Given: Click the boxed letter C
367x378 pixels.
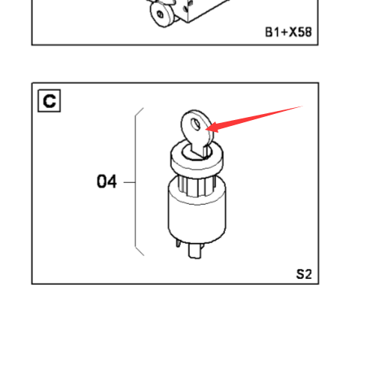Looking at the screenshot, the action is tap(50, 100).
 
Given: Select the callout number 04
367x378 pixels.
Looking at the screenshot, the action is tap(107, 181).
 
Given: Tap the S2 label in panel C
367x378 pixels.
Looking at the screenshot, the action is tap(304, 274).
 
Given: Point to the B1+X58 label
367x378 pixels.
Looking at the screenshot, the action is tap(288, 32).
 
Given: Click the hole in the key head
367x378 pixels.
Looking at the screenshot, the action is tap(196, 124).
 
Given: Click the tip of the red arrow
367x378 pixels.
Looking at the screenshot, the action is tap(206, 129).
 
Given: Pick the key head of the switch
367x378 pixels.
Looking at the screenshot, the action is tap(197, 127).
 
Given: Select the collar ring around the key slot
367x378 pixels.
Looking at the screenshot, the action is tap(197, 159).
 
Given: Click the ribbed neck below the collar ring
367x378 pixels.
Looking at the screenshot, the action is tap(194, 186).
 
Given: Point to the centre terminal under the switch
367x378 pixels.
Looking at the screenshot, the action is tap(195, 250).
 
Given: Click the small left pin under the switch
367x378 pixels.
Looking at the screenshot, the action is tap(178, 242).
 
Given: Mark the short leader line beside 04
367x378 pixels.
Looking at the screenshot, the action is tap(130, 182).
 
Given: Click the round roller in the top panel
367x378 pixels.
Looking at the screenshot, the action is tap(161, 14).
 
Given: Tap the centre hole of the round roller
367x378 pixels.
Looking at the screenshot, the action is tap(160, 14).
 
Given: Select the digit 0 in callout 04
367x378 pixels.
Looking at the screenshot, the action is tap(101, 181).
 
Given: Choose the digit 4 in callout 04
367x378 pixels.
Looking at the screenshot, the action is tap(112, 181).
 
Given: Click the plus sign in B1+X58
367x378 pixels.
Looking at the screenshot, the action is tap(284, 32).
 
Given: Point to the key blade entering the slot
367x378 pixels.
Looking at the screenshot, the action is tap(200, 151).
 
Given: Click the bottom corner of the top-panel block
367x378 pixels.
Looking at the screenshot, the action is tap(188, 22).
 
